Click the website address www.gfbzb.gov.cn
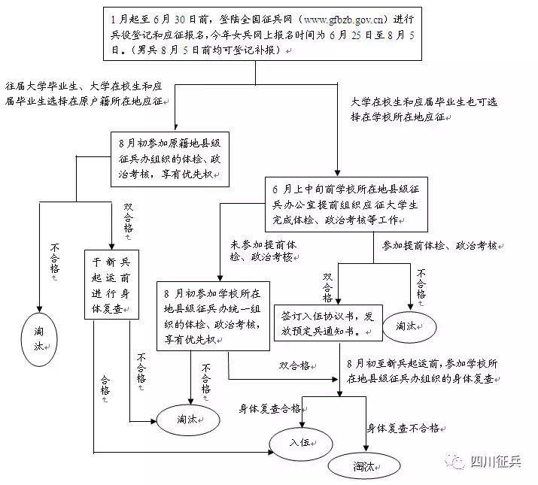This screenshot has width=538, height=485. (x=343, y=20)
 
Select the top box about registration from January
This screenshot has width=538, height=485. (x=263, y=34)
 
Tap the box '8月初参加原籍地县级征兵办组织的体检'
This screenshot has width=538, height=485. (x=170, y=159)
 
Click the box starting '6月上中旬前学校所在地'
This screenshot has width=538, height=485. (x=346, y=205)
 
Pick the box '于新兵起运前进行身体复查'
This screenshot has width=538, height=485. (x=111, y=284)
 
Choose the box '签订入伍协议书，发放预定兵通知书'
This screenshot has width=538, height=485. (x=328, y=323)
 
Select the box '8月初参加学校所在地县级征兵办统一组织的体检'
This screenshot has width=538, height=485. (x=213, y=316)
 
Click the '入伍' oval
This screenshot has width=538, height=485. (x=301, y=444)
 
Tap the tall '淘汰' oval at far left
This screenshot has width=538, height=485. (x=39, y=340)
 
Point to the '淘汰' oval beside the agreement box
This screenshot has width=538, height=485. (x=409, y=326)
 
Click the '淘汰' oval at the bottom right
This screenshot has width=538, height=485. (x=364, y=466)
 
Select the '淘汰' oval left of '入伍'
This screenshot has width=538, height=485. (x=188, y=420)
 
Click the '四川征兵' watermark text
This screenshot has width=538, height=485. (x=496, y=462)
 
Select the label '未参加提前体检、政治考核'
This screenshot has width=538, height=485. (x=263, y=250)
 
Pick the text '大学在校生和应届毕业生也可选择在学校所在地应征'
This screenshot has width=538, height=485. (x=424, y=109)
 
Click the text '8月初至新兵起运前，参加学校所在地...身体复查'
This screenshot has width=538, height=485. (x=422, y=371)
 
